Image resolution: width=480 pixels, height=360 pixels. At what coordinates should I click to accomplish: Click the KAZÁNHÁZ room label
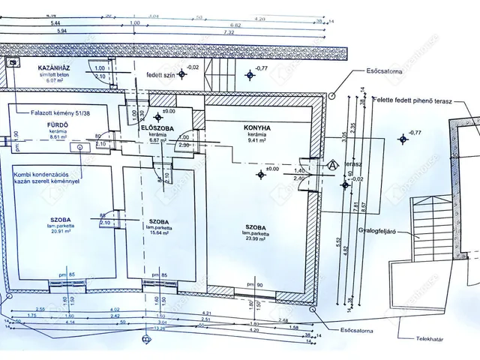53,67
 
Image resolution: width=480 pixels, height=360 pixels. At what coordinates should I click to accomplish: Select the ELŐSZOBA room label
157,127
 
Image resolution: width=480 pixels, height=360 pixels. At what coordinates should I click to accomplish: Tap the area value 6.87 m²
157,139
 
